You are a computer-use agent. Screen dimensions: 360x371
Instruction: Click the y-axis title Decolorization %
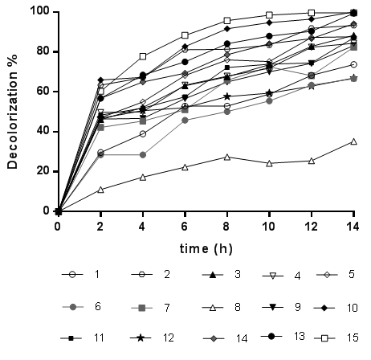pyautogui.click(x=14, y=112)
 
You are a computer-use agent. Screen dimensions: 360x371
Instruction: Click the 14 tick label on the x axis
pyautogui.click(x=354, y=227)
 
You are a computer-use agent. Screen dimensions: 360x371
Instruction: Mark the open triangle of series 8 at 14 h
pyautogui.click(x=354, y=141)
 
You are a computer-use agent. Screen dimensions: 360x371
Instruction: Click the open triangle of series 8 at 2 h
pyautogui.click(x=100, y=190)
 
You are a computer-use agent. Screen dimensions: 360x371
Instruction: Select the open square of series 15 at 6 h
pyautogui.click(x=185, y=35)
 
